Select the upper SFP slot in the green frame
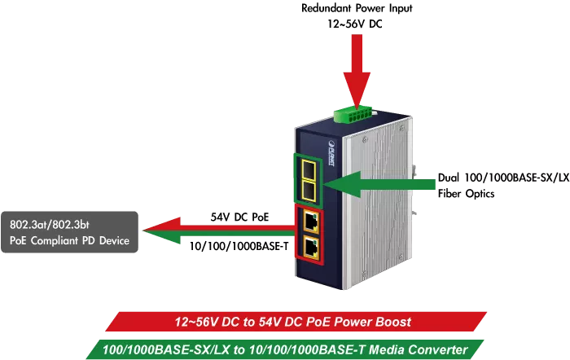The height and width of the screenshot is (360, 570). click(x=309, y=170)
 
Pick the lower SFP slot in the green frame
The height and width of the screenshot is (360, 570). click(x=309, y=191)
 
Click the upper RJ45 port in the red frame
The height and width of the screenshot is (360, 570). click(x=310, y=222)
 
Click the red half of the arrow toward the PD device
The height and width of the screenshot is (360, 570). click(x=220, y=226)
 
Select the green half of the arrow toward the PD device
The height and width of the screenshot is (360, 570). click(x=220, y=239)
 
